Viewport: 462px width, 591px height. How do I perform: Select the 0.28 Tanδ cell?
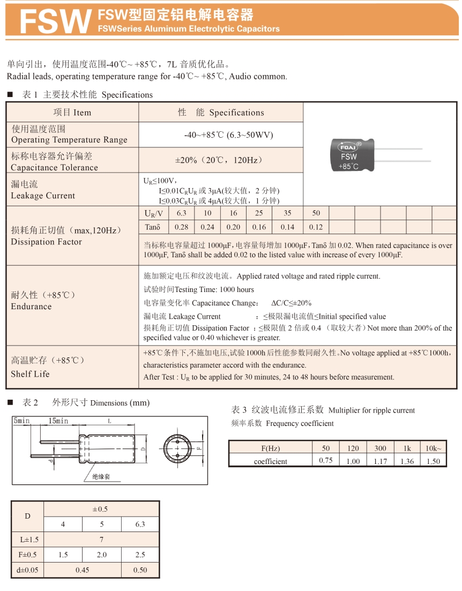point(181,227)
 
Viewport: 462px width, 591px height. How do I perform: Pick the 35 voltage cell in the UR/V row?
point(287,213)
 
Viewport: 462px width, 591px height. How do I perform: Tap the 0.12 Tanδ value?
point(316,227)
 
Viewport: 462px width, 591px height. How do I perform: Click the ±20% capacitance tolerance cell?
point(221,161)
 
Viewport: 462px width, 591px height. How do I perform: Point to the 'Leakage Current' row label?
point(43,196)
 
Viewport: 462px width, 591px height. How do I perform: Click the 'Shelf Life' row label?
point(30,374)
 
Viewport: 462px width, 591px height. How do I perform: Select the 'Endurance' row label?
point(31,306)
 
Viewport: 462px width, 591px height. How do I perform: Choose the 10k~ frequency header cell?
point(433,448)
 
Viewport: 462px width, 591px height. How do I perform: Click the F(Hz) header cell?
point(270,448)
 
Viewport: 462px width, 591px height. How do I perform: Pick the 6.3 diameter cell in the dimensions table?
point(140,524)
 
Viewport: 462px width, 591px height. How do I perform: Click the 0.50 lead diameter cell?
point(140,570)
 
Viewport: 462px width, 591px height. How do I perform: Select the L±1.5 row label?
point(28,540)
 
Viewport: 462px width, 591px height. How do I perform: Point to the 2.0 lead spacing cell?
point(102,555)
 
